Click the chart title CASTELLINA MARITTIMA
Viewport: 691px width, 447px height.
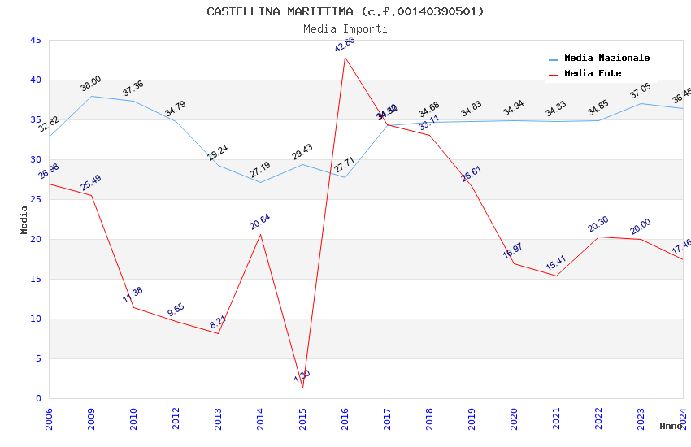coord(345,11)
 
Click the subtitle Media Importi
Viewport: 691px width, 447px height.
coord(345,28)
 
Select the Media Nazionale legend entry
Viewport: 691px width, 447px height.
coord(606,59)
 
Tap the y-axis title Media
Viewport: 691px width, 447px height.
coord(24,219)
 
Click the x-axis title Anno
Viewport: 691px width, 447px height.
coord(671,426)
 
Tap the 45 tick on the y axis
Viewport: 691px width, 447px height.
coord(35,41)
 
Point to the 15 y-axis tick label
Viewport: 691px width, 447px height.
coord(35,280)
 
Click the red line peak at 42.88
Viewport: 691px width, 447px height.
coord(345,57)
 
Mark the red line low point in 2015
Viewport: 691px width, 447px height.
coord(302,388)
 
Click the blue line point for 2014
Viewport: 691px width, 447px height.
coord(260,182)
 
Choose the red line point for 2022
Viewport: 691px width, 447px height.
coord(598,237)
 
